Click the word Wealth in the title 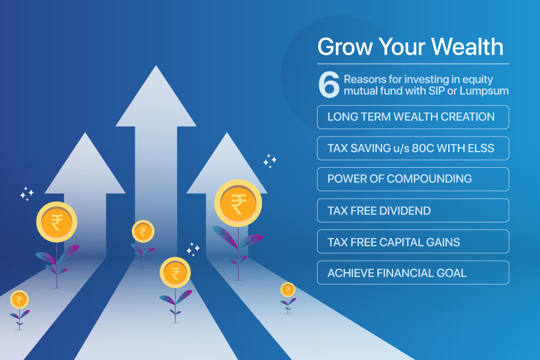tap(467, 46)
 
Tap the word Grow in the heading tap(345, 47)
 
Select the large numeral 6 tap(329, 84)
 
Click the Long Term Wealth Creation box tap(413, 117)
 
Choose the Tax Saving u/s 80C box tap(413, 148)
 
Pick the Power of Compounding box tap(413, 179)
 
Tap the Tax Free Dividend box tap(413, 211)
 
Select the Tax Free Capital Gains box tap(413, 242)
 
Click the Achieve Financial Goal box tap(413, 272)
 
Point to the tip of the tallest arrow tap(156, 66)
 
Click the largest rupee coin tap(238, 203)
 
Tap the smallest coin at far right tap(288, 290)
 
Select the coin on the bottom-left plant tap(19, 300)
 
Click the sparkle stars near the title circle tap(269, 161)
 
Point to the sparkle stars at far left tap(27, 194)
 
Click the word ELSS tap(481, 148)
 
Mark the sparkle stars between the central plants tap(193, 250)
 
